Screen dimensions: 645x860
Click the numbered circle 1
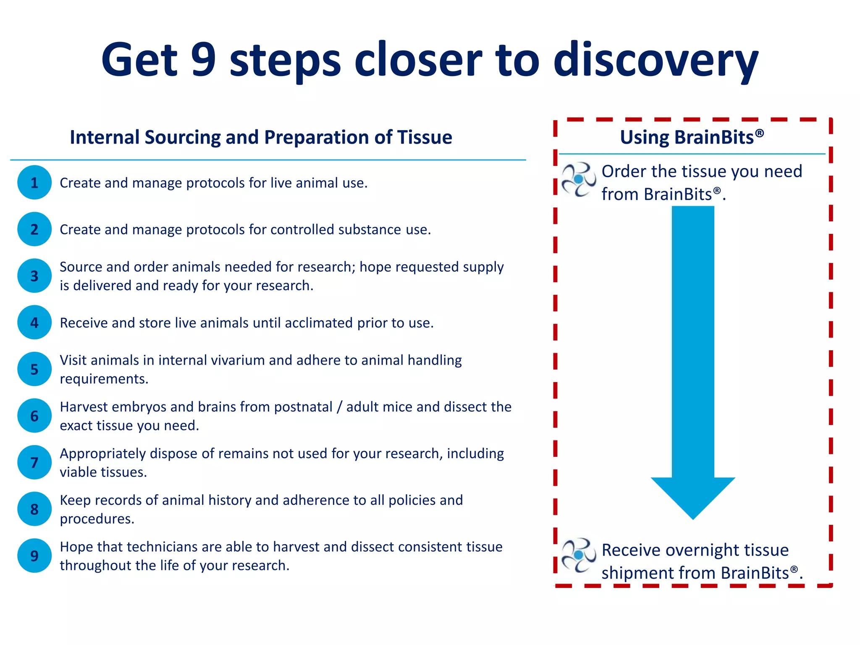[34, 182]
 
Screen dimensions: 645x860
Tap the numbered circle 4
[34, 322]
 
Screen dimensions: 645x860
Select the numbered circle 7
[34, 462]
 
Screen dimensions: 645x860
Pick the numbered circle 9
[34, 556]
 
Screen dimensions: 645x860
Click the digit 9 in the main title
[203, 60]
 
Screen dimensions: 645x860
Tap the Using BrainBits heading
[692, 137]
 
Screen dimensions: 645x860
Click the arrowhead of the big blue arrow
[693, 496]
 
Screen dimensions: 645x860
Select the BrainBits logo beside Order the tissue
[579, 180]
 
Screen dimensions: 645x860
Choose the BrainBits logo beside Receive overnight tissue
[579, 555]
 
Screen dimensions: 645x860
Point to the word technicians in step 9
[162, 547]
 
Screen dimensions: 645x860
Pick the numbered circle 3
[34, 276]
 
